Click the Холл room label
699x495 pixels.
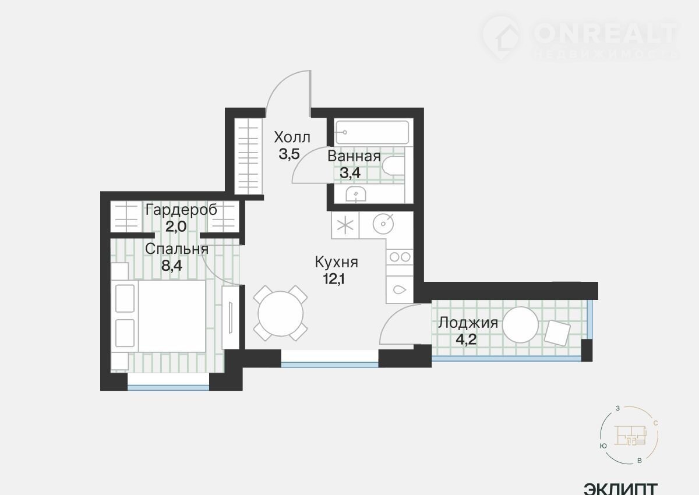coord(292,137)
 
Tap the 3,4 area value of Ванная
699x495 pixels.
coord(350,172)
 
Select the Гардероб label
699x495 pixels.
coord(181,210)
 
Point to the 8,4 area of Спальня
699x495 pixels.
coord(172,266)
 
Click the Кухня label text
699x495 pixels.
coord(337,262)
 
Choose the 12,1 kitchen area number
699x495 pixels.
coord(334,278)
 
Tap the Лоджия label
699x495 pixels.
coord(468,323)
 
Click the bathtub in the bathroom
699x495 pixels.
coord(372,133)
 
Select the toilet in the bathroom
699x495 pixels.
coord(393,166)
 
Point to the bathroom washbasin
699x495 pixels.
coord(356,194)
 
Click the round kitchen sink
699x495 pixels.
coord(383,224)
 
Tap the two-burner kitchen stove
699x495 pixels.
coord(400,257)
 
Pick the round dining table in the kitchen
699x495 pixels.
coord(281,313)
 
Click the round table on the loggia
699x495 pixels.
coord(520,325)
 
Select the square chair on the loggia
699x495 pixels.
coord(557,333)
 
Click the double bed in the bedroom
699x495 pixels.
coord(158,316)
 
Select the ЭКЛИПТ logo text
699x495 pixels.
coord(621,489)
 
